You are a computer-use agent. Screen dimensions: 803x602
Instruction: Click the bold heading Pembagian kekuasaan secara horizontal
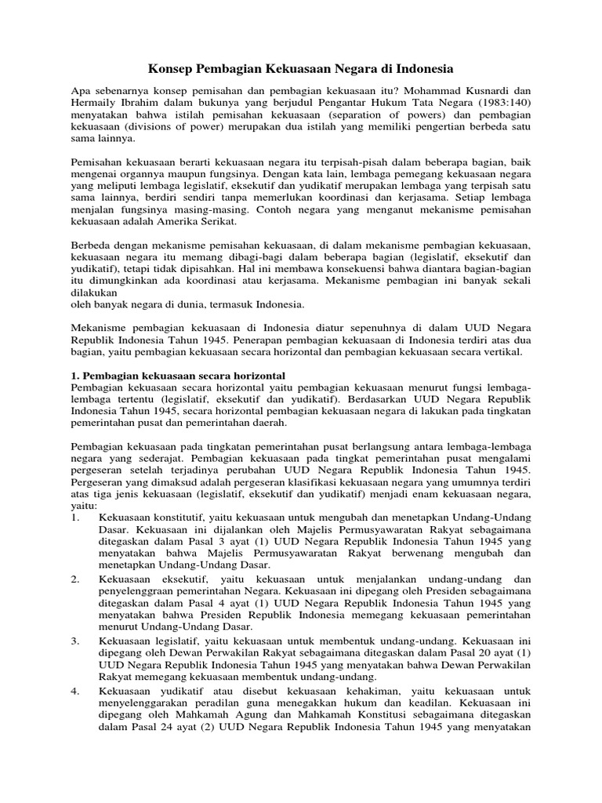[178, 376]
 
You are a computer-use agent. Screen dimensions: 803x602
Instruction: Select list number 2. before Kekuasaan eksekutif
[75, 579]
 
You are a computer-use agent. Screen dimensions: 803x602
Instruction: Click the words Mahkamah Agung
[189, 712]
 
